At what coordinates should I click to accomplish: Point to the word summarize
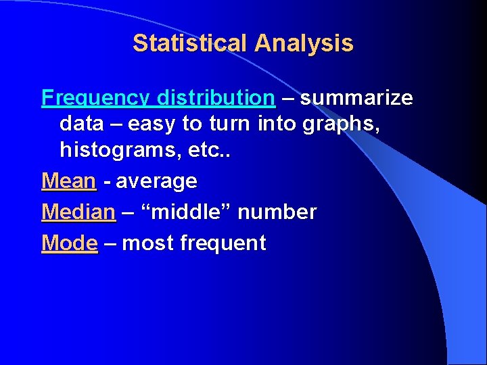[356, 99]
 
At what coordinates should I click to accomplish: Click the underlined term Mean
[69, 181]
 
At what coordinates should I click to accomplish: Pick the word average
[156, 181]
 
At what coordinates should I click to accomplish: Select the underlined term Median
[78, 212]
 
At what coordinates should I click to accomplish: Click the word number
[277, 212]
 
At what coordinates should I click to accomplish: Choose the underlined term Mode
[70, 243]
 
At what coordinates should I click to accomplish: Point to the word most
[147, 243]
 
